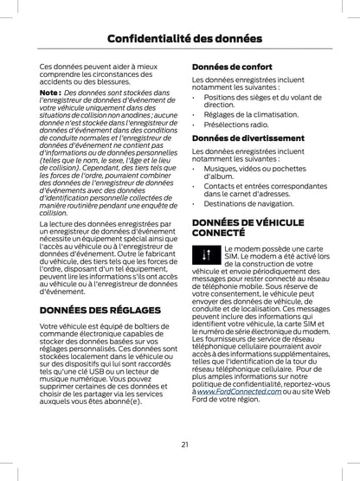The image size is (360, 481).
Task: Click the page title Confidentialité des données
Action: click(179, 37)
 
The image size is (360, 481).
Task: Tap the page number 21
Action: click(185, 445)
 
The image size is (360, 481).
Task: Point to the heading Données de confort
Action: click(228, 66)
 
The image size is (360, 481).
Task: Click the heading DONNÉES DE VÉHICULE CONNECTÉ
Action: click(247, 228)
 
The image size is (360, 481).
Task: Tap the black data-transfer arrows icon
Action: click(205, 256)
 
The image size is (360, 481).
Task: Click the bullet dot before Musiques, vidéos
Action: click(194, 166)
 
